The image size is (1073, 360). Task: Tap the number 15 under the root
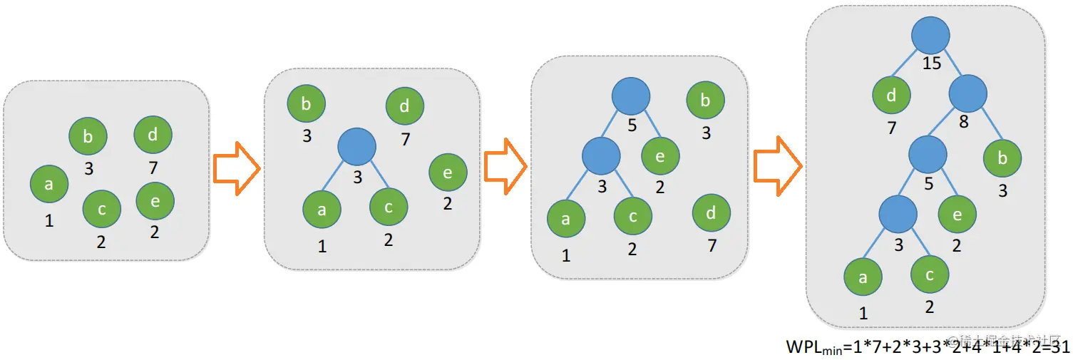click(x=932, y=63)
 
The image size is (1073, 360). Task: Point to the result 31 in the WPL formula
click(x=1060, y=347)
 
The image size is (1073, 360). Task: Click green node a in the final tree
click(x=863, y=277)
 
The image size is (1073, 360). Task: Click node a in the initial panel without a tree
click(x=49, y=184)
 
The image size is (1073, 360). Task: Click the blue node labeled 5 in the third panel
click(x=631, y=96)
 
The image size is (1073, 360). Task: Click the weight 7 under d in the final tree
click(x=891, y=128)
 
